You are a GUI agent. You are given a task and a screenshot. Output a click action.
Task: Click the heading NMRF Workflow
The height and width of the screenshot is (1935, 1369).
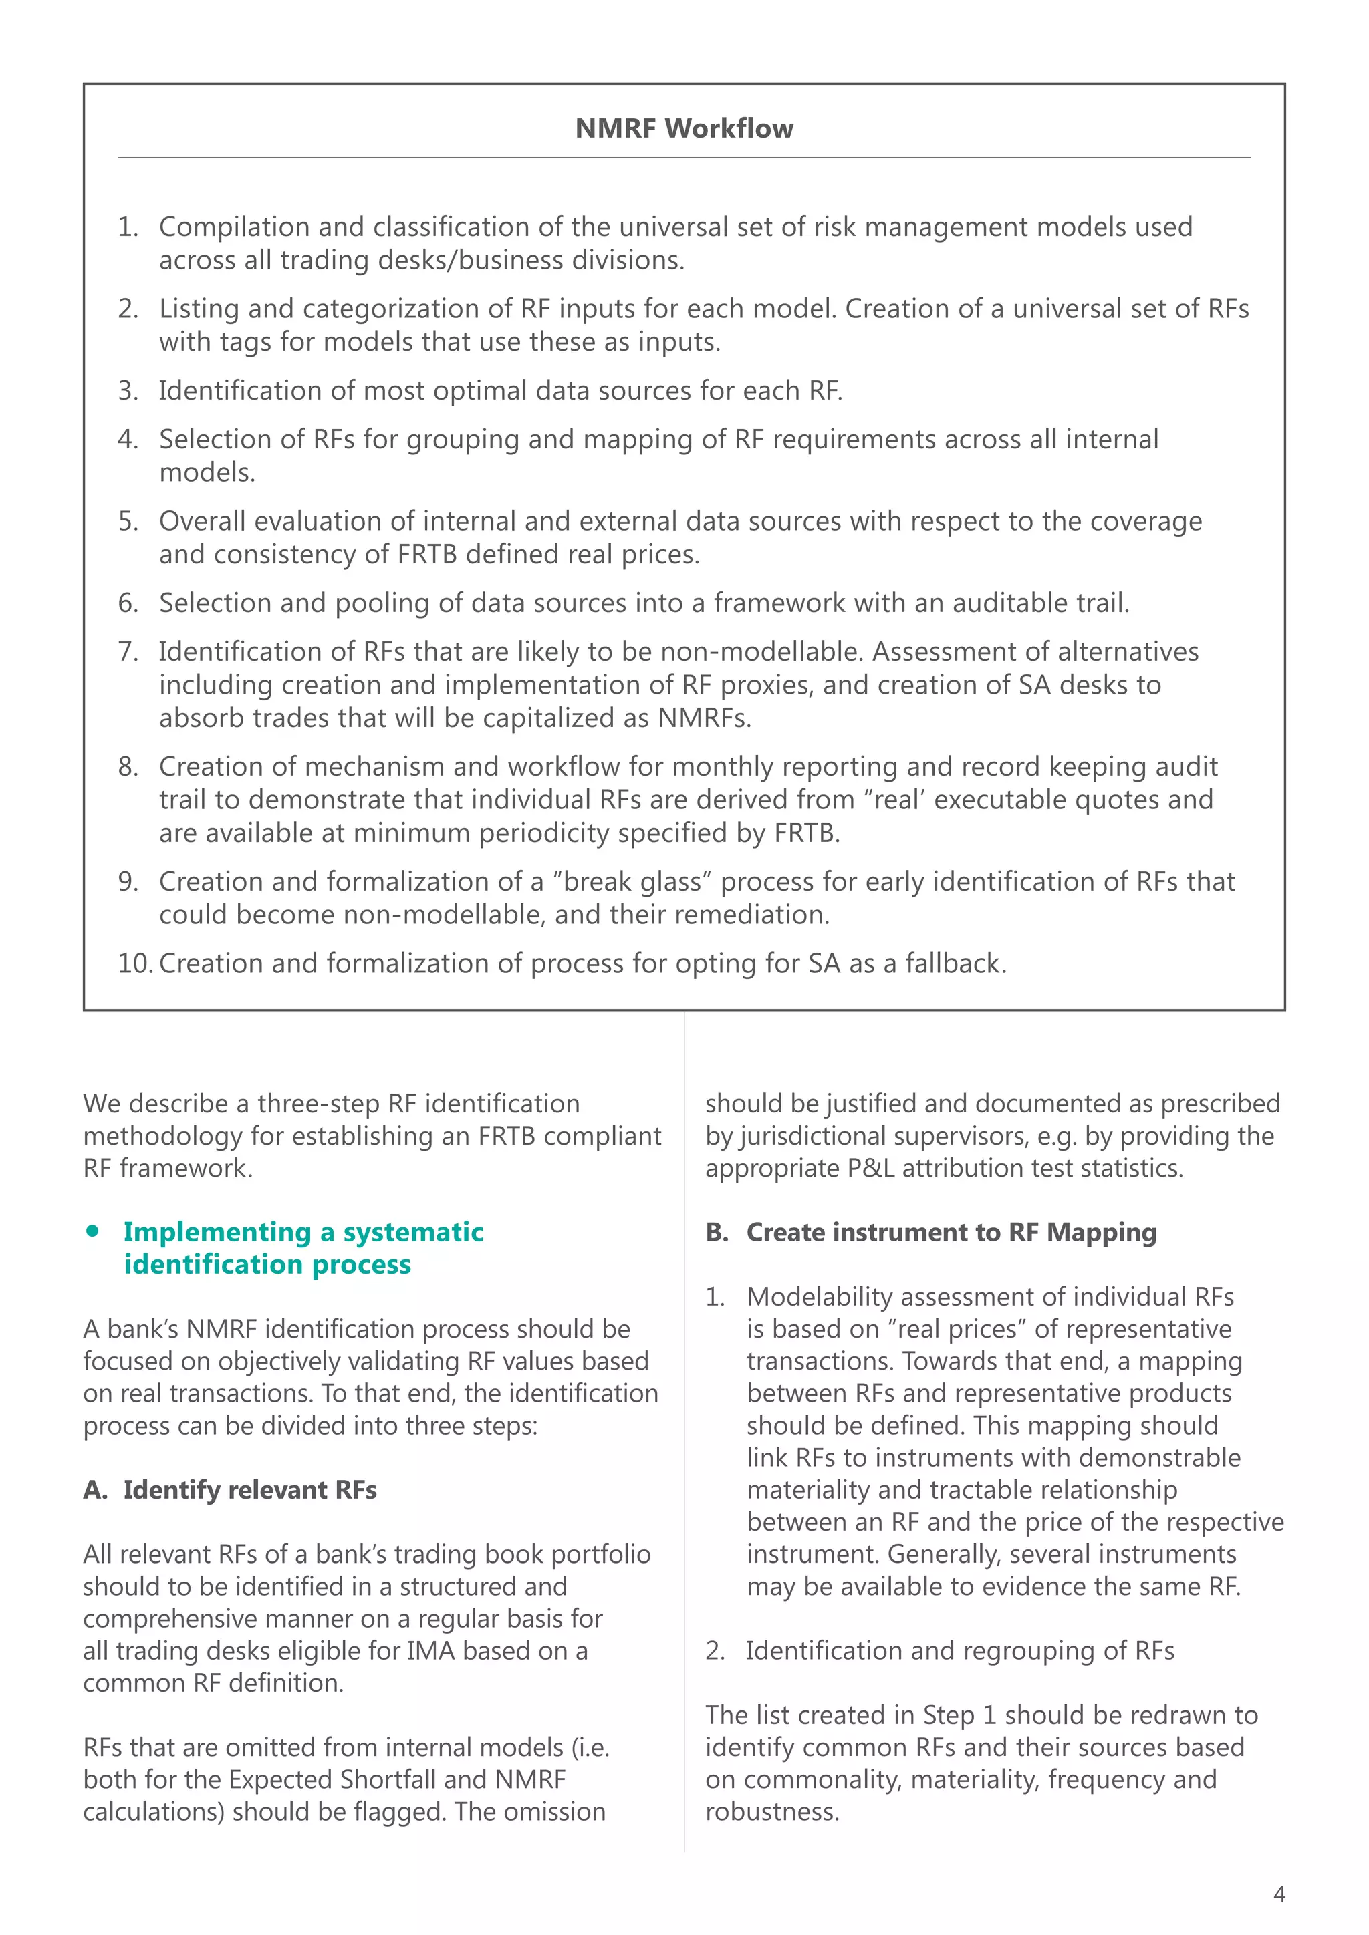pos(684,128)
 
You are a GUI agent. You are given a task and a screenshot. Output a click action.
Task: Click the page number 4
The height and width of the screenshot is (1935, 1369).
pos(1279,1894)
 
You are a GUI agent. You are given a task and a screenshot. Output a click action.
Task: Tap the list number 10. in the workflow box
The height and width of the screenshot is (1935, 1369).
pos(134,963)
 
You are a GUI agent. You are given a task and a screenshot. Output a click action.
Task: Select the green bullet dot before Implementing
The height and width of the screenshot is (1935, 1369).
pos(93,1231)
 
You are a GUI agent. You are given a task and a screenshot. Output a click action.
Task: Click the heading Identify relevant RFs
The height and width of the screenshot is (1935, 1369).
pos(249,1490)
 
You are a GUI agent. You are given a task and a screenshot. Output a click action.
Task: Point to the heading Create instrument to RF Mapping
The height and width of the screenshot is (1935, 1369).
pos(951,1232)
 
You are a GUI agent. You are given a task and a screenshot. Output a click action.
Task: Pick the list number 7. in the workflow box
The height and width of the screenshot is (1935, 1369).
pos(128,651)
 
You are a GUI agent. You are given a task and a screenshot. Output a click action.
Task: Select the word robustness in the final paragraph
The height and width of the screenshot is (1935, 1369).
pos(771,1812)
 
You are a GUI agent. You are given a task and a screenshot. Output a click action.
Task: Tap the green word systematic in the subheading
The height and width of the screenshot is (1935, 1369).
pos(413,1232)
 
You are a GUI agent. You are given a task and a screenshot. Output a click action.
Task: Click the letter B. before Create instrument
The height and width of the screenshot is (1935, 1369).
pos(717,1232)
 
